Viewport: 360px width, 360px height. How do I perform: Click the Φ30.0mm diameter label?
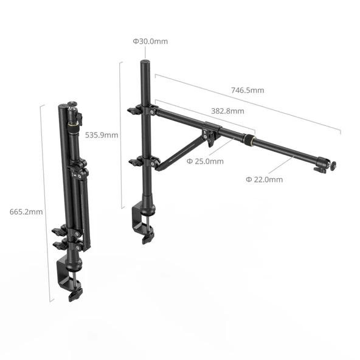pos(150,41)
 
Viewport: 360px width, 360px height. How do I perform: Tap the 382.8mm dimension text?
pos(227,111)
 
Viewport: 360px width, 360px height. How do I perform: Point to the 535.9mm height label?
pos(102,134)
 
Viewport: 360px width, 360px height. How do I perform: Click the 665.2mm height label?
pos(26,212)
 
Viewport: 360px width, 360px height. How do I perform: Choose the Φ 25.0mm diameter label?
pos(205,161)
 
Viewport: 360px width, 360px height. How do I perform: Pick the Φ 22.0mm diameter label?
pos(264,179)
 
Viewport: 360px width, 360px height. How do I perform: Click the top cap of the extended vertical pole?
pos(145,63)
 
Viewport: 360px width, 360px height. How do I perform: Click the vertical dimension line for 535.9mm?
pos(122,134)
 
